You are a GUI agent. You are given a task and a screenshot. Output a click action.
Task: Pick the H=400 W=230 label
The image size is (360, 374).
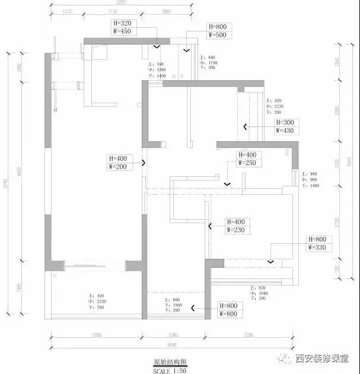pyautogui.click(x=238, y=226)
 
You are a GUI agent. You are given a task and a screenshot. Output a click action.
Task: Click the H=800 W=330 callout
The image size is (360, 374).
pyautogui.click(x=320, y=243)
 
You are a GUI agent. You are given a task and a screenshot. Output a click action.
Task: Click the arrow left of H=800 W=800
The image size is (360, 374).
pyautogui.click(x=193, y=307)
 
